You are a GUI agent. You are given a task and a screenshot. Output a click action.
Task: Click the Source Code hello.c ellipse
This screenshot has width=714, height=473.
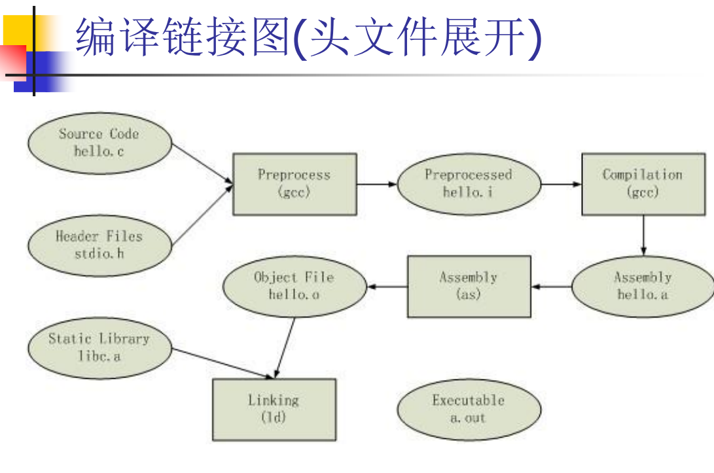99,143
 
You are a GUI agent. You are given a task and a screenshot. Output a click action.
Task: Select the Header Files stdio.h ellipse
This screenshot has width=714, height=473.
99,245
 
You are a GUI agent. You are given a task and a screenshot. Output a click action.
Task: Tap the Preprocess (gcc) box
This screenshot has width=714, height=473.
295,184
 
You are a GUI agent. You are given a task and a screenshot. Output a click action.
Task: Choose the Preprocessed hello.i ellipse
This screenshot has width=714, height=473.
469,184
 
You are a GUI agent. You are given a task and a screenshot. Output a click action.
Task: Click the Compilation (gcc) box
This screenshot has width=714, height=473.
643,184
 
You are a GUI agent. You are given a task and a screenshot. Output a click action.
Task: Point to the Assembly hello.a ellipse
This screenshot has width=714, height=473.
643,287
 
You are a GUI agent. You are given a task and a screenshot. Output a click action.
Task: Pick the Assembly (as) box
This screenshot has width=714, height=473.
469,287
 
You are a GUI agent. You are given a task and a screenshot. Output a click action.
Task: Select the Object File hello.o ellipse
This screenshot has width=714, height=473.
295,287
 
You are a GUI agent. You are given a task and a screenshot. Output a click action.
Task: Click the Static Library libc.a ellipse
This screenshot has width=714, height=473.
99,347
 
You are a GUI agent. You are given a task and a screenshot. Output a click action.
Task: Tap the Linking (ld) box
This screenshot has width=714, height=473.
274,409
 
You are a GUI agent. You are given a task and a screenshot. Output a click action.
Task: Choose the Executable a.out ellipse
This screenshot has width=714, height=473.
469,409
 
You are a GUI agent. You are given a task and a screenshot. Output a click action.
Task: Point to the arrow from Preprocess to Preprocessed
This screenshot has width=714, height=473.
377,184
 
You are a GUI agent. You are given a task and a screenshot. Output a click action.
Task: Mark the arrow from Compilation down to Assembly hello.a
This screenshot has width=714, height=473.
643,235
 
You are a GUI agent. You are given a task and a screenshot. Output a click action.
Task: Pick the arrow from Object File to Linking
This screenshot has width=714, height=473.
285,347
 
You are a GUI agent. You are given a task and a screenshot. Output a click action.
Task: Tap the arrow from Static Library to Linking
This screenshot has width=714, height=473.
223,364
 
